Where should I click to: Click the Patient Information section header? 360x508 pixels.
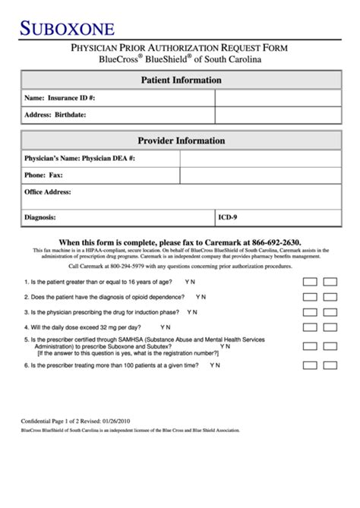(180, 80)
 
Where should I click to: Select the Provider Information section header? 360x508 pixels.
(180, 140)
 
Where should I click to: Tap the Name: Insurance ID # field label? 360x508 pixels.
(60, 98)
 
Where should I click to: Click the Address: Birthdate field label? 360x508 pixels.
(55, 115)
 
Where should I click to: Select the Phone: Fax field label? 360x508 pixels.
(43, 175)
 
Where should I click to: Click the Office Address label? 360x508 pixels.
(47, 191)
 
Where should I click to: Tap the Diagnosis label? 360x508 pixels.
(39, 217)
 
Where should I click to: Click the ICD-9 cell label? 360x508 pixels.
(228, 217)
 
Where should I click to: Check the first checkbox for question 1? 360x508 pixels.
(310, 280)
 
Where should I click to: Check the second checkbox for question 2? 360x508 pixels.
(330, 296)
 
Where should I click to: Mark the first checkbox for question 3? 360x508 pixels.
(310, 312)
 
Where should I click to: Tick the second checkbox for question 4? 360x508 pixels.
(330, 328)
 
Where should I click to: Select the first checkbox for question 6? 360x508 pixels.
(310, 364)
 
